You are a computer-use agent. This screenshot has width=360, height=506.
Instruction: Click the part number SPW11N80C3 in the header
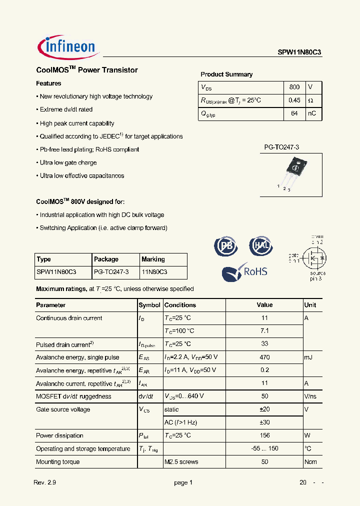tap(300, 51)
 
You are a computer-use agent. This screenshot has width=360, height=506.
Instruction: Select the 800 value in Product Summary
tap(294, 87)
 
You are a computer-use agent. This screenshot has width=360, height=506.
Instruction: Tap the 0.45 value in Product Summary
tap(294, 100)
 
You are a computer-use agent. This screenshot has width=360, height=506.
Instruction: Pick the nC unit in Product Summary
tap(311, 113)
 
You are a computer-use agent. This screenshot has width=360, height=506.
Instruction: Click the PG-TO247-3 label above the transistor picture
tap(281, 147)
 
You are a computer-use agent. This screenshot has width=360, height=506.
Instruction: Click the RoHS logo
tap(245, 271)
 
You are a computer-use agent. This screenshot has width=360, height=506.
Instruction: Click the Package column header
tap(106, 259)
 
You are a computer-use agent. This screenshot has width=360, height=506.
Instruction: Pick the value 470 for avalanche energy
tap(264, 357)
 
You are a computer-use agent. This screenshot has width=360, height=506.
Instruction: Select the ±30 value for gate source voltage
tap(264, 422)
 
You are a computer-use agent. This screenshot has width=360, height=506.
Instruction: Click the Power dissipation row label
tap(59, 435)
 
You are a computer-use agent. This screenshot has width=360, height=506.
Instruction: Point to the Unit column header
tap(310, 305)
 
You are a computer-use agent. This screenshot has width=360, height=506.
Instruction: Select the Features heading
tap(48, 83)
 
